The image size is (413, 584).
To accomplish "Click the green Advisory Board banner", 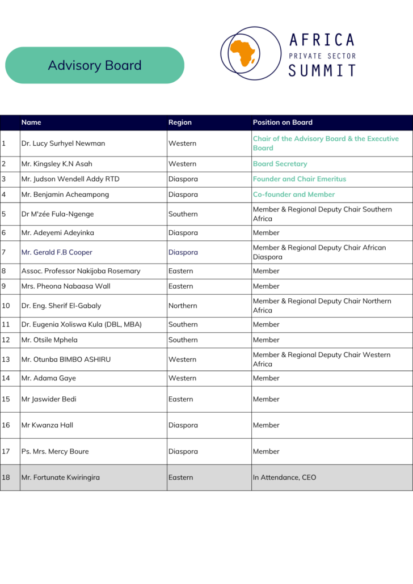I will coord(95,65).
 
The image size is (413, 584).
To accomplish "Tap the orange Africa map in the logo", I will coord(242,53).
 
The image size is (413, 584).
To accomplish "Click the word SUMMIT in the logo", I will coord(322,70).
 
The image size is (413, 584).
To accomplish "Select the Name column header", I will coord(31,122).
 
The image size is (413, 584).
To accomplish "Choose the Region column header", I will coord(180,122).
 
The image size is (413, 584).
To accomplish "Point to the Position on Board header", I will coord(283,122).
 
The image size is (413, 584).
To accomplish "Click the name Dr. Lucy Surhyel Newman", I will coord(63,143).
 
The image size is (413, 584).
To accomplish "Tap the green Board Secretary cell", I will coord(280,164).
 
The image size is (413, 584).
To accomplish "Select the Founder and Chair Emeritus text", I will coord(299,179).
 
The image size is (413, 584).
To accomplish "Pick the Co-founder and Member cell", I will coord(294,194).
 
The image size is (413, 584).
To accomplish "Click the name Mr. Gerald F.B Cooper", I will coord(57,252).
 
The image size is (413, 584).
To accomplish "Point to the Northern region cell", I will coord(182,306).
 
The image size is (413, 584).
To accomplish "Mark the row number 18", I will coord(6,477).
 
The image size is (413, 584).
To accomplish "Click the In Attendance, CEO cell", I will coord(284,477).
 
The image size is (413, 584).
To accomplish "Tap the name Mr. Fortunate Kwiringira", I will coord(61,477).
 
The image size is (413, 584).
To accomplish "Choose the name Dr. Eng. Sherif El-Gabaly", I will coord(61,306).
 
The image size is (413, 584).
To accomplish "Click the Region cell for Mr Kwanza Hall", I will coord(183,425).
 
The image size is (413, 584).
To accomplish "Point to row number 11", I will coord(6,324).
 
